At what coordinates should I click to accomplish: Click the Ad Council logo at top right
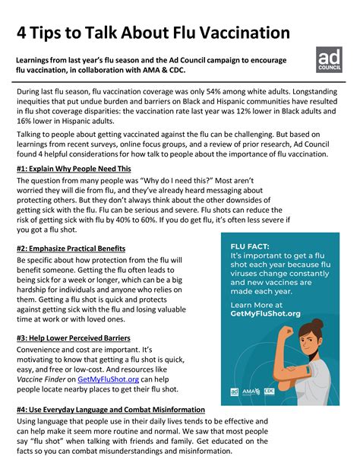pos(329,60)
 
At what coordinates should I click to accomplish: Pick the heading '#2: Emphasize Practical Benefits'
pos(71,249)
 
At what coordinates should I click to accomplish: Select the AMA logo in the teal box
pos(251,392)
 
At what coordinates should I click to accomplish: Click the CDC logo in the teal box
pos(270,392)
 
